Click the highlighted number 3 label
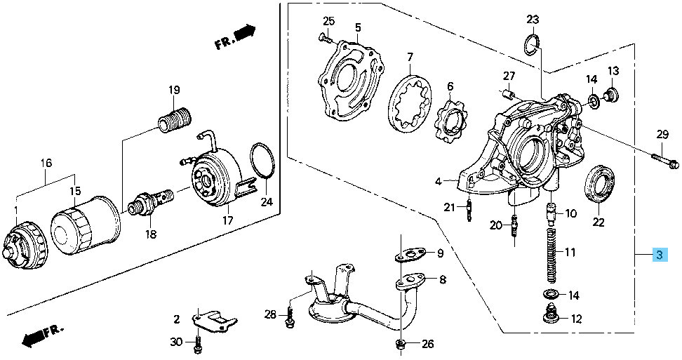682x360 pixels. tap(660, 255)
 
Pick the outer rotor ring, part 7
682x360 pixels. tap(408, 106)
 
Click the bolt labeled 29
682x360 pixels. tap(664, 161)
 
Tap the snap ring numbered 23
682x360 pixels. tap(533, 46)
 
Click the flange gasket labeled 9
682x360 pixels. tap(409, 251)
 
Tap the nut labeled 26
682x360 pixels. tap(399, 344)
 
